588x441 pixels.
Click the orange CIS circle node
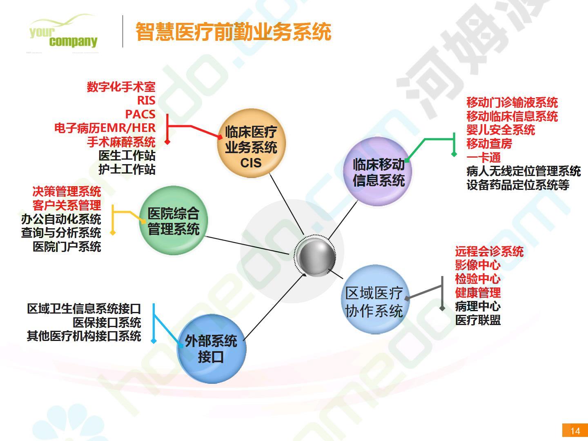[251, 143]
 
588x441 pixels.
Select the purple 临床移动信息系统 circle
[378, 171]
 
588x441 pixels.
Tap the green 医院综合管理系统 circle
[174, 220]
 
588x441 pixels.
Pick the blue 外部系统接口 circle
[212, 349]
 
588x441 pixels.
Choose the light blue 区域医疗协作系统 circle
[375, 299]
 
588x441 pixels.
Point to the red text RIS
[146, 100]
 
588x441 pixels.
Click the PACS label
[140, 114]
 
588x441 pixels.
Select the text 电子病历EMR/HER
[105, 128]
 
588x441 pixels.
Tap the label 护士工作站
[127, 169]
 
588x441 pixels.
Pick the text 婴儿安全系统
[501, 130]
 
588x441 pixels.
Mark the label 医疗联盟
[478, 320]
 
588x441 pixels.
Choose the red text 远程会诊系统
[490, 252]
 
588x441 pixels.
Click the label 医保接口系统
[107, 323]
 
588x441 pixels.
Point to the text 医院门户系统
[67, 247]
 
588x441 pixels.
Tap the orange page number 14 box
[575, 430]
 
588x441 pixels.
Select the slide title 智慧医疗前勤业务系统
[234, 32]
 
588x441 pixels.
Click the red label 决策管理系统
[67, 192]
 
